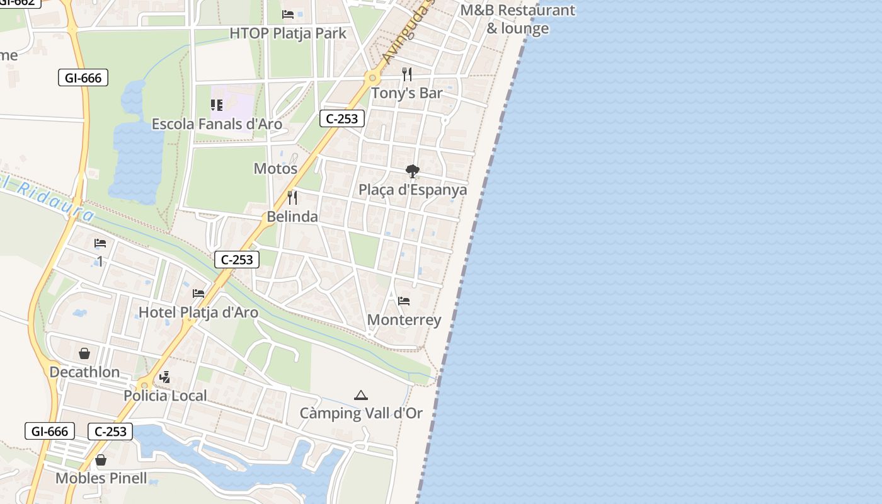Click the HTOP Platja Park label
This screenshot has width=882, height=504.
click(x=288, y=33)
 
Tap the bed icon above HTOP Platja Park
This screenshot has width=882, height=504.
click(x=288, y=14)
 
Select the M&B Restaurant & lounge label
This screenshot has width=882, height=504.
click(x=518, y=19)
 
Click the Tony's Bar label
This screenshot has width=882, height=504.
click(x=407, y=93)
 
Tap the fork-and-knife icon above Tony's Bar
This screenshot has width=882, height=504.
click(x=407, y=74)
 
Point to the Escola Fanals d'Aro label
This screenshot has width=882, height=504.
click(x=217, y=123)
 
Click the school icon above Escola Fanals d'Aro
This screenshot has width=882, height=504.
click(x=217, y=105)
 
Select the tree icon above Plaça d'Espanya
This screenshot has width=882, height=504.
click(x=413, y=171)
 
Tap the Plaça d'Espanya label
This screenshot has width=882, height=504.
click(x=413, y=190)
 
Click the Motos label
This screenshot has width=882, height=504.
click(x=275, y=168)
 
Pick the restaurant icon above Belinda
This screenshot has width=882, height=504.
click(x=292, y=198)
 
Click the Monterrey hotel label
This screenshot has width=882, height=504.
click(x=404, y=319)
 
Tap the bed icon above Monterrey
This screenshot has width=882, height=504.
click(x=404, y=301)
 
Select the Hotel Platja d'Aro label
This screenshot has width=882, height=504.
click(x=198, y=312)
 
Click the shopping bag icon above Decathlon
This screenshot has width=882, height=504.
click(x=84, y=353)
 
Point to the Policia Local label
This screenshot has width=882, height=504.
click(x=165, y=396)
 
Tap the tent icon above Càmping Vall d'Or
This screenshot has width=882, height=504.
click(x=360, y=395)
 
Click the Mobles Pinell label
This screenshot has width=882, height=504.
click(x=101, y=478)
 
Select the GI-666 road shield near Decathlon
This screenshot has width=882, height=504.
click(x=50, y=432)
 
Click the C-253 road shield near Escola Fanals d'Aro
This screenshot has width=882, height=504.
click(x=342, y=118)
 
